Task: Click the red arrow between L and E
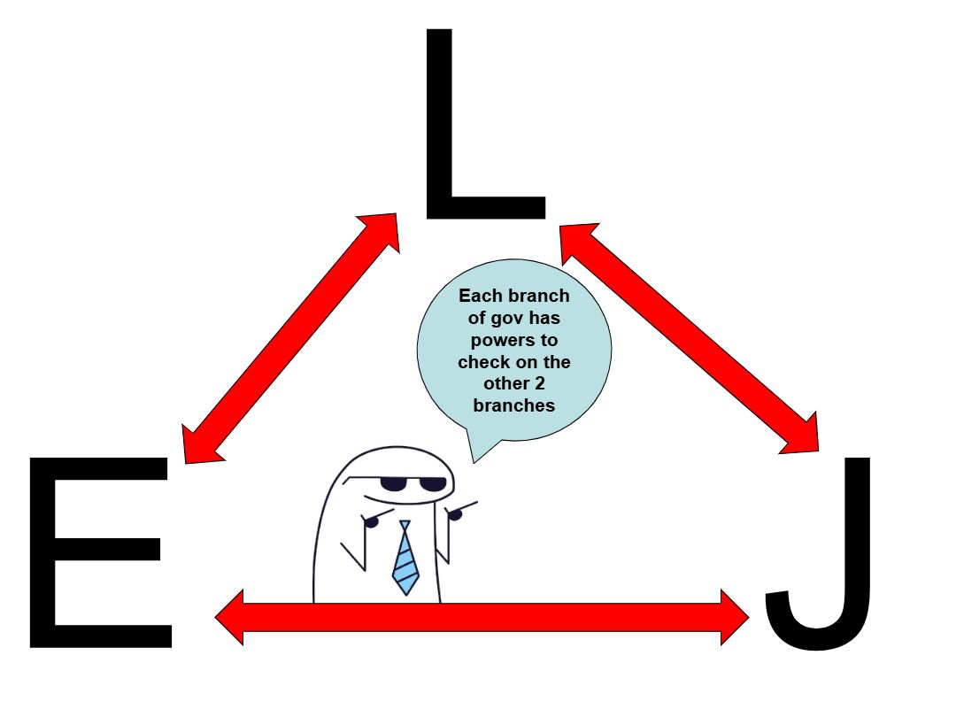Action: [x=290, y=338]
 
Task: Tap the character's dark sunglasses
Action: [x=412, y=484]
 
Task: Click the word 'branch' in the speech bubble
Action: [x=539, y=296]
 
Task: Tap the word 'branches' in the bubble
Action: [x=514, y=406]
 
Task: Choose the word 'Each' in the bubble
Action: [x=479, y=296]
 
